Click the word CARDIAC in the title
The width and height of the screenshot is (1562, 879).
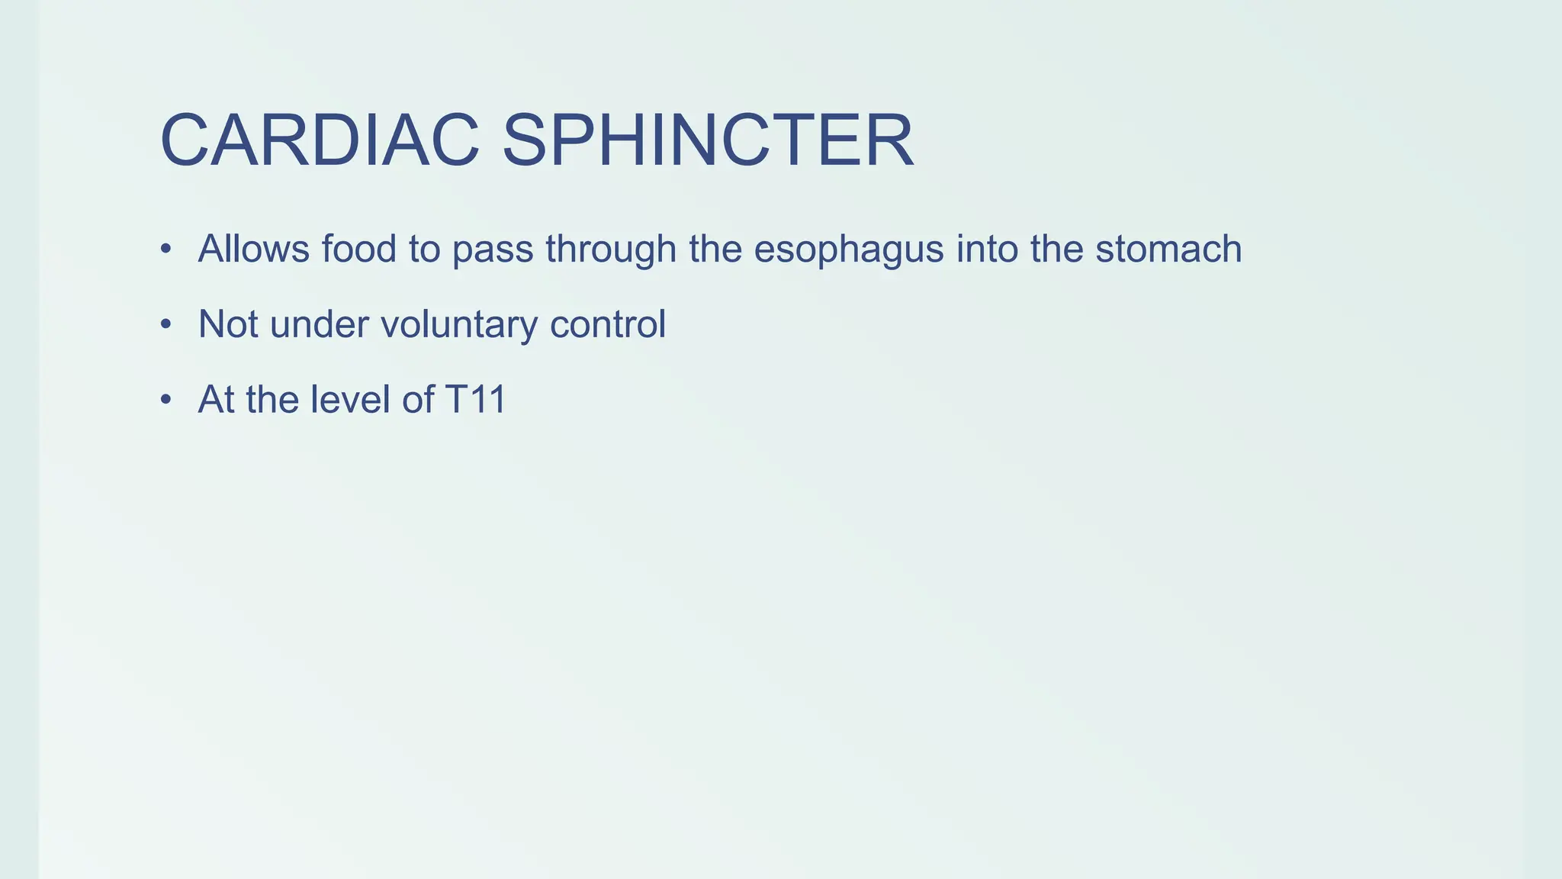tap(320, 141)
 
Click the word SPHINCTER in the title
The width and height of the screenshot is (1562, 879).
tap(707, 141)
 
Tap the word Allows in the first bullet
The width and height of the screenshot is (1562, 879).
tap(254, 249)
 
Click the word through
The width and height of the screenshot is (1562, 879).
tap(611, 250)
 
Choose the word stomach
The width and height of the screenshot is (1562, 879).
tap(1168, 249)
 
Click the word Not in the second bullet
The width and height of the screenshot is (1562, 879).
tap(228, 324)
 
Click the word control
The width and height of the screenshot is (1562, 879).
tap(608, 324)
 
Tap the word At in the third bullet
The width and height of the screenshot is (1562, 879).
tap(216, 399)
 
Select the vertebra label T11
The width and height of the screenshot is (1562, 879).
tap(475, 399)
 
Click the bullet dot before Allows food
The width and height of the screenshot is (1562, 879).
tap(166, 250)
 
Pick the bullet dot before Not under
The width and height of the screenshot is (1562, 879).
tap(166, 325)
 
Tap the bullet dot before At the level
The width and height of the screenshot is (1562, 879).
tap(166, 400)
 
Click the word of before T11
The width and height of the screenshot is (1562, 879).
tap(418, 399)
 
